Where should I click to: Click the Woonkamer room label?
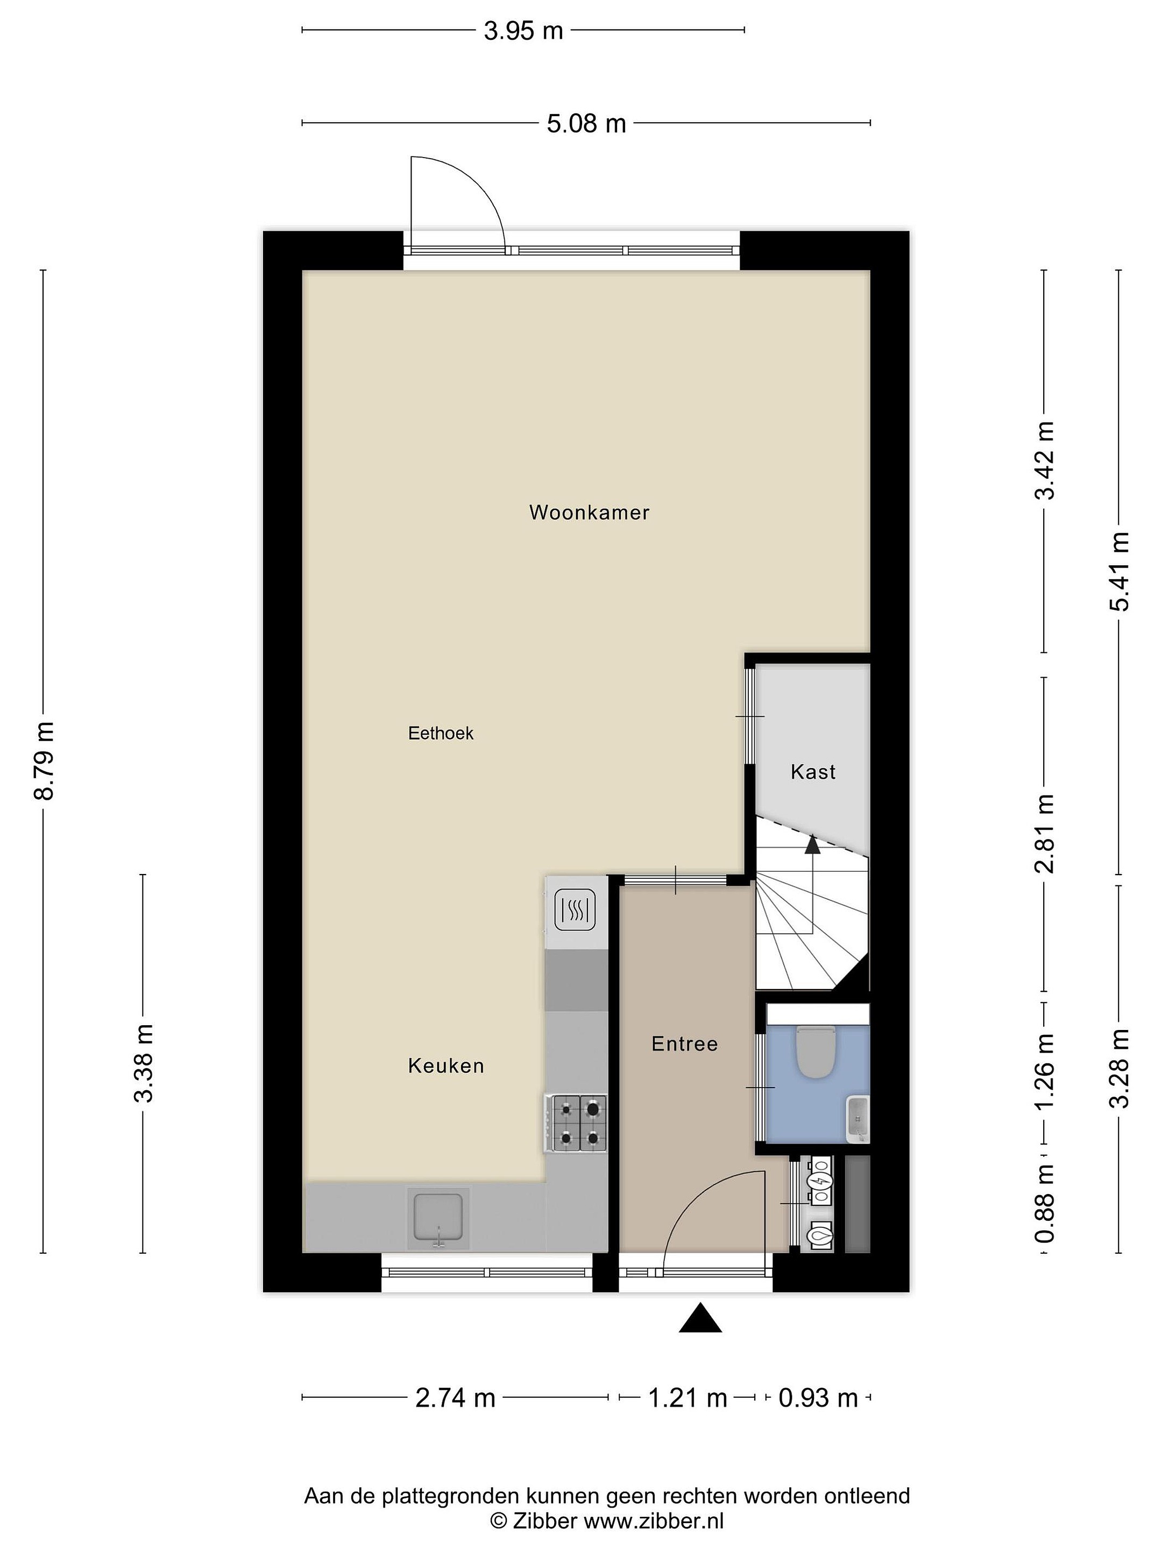pyautogui.click(x=589, y=513)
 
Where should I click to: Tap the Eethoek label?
pyautogui.click(x=441, y=733)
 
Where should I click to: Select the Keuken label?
pyautogui.click(x=446, y=1066)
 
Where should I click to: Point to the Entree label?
pyautogui.click(x=684, y=1044)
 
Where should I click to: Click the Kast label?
pyautogui.click(x=813, y=772)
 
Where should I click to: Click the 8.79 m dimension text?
pyautogui.click(x=44, y=761)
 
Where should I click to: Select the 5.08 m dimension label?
pyautogui.click(x=586, y=123)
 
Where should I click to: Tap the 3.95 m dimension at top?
pyautogui.click(x=523, y=31)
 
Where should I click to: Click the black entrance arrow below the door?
pyautogui.click(x=700, y=1317)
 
